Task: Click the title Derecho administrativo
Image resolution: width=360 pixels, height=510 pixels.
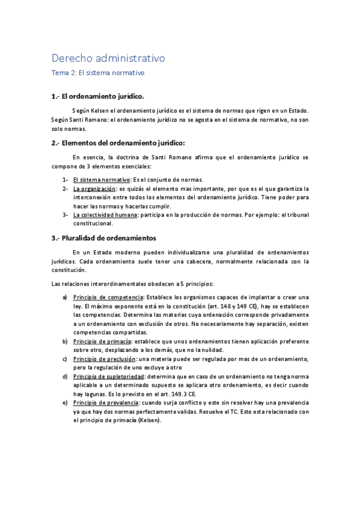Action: [x=108, y=58]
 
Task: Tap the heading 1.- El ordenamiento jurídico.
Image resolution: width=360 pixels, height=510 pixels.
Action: [x=98, y=96]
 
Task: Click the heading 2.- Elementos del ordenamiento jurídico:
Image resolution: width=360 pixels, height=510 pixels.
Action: [x=118, y=143]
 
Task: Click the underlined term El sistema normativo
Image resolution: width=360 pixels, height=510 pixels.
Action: [x=102, y=180]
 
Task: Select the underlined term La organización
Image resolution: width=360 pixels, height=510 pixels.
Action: [x=94, y=188]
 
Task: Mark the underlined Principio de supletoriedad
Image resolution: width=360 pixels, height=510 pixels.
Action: [x=109, y=376]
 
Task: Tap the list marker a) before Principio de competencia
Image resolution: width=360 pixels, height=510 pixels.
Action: [x=64, y=297]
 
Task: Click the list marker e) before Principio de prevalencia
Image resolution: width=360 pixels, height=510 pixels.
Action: [x=64, y=402]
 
